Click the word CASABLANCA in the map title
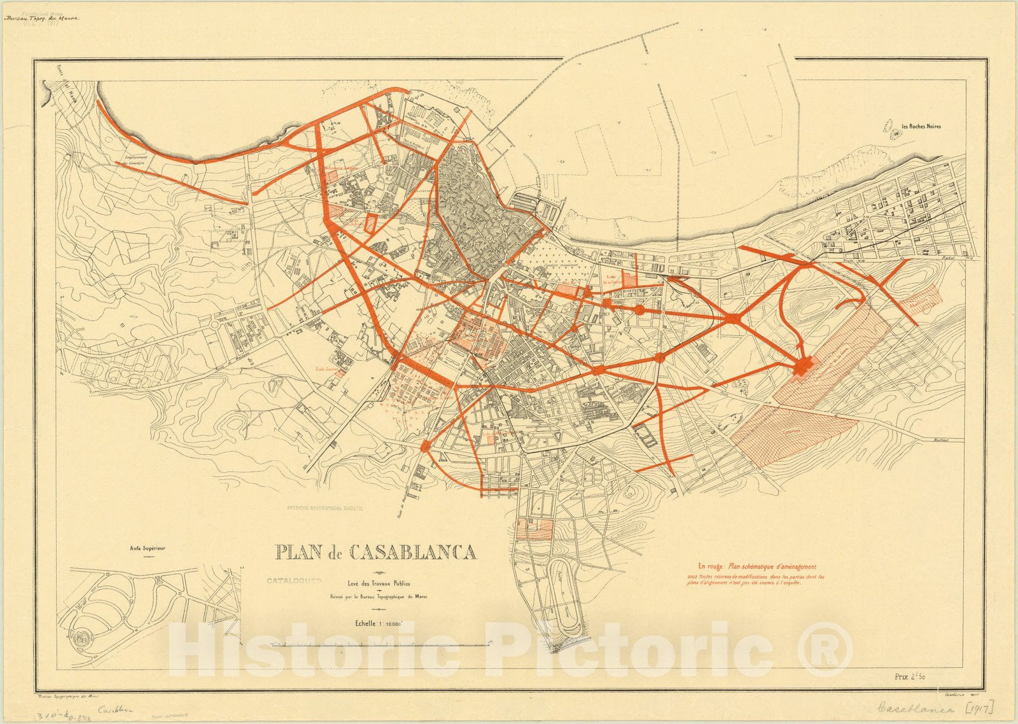[x=414, y=552]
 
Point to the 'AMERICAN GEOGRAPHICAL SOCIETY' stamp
[x=324, y=508]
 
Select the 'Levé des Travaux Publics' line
[x=379, y=583]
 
